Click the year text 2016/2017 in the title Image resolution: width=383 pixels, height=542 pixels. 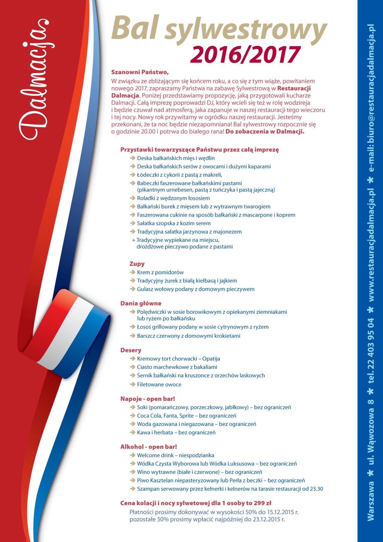click(245, 54)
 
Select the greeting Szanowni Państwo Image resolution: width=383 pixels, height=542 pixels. click(140, 72)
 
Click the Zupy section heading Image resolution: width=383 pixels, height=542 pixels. click(137, 264)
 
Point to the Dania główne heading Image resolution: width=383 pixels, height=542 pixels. click(141, 303)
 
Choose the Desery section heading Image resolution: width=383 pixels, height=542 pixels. click(131, 350)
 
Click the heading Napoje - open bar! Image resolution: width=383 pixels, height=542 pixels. click(148, 399)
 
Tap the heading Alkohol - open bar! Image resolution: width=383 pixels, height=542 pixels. click(148, 447)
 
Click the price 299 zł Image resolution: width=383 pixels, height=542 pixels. click(262, 503)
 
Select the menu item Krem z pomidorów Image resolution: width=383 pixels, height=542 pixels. click(160, 272)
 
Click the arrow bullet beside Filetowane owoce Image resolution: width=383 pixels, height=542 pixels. click(133, 384)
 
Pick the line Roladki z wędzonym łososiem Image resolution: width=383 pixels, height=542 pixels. click(173, 198)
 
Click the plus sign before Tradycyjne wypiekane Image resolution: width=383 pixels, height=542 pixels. click(133, 240)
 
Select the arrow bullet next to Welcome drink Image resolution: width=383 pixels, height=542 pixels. click(133, 455)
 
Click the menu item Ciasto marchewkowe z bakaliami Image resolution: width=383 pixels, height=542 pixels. click(177, 367)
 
